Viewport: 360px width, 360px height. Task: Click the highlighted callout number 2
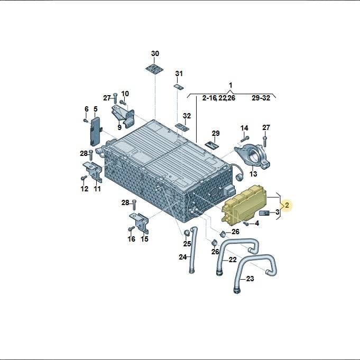[287, 205]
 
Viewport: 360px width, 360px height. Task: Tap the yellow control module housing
[245, 205]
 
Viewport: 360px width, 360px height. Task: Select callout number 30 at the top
[155, 53]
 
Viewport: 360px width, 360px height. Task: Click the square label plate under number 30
[155, 69]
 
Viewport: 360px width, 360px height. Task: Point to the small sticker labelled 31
[179, 87]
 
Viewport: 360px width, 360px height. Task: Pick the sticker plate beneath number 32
[182, 127]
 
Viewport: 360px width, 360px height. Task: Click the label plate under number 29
[212, 145]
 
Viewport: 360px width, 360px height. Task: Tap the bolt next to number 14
[245, 139]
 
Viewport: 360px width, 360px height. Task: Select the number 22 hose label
[233, 260]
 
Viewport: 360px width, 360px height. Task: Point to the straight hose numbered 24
[193, 250]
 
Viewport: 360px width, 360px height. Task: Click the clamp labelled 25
[187, 233]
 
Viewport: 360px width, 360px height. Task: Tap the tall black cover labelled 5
[95, 132]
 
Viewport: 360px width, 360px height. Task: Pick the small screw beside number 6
[86, 120]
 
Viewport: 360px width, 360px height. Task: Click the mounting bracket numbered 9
[123, 116]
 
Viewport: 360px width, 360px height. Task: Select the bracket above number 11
[93, 172]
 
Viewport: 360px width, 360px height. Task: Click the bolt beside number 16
[131, 228]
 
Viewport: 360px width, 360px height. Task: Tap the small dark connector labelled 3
[264, 213]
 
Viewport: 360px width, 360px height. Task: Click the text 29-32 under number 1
[261, 98]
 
